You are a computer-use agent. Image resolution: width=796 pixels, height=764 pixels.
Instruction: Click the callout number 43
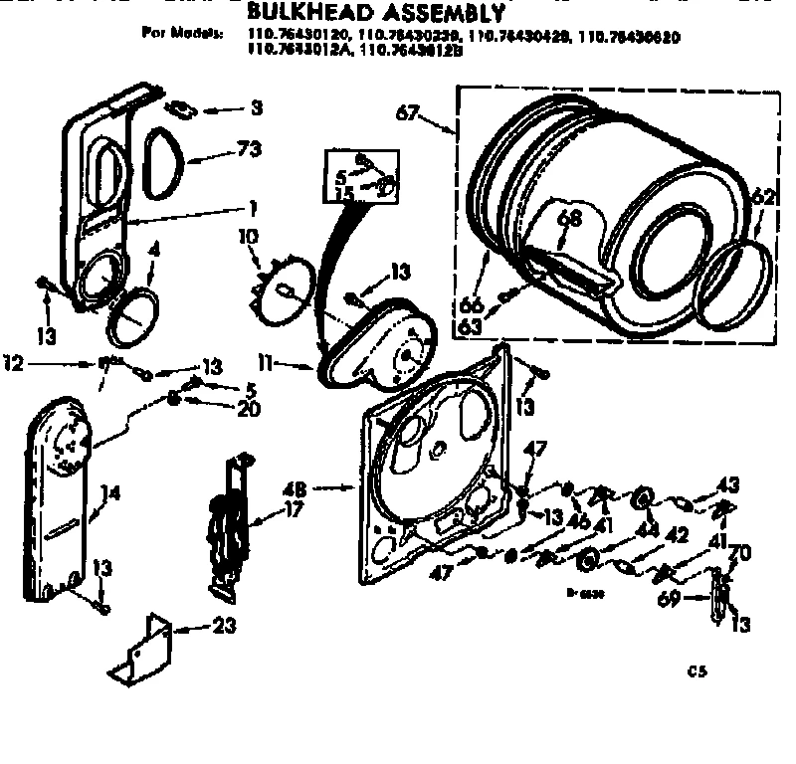coord(729,484)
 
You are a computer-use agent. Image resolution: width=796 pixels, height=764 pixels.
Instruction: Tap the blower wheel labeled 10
coord(287,288)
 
